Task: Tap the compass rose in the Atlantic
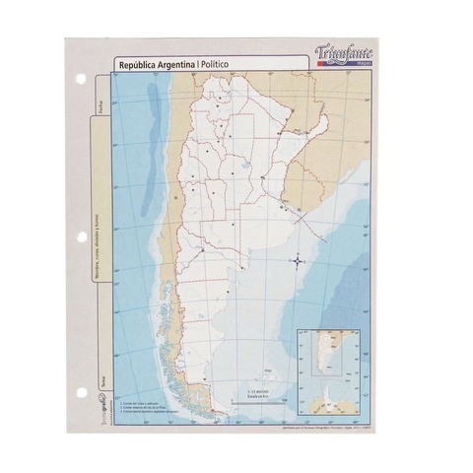[x=298, y=260]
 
